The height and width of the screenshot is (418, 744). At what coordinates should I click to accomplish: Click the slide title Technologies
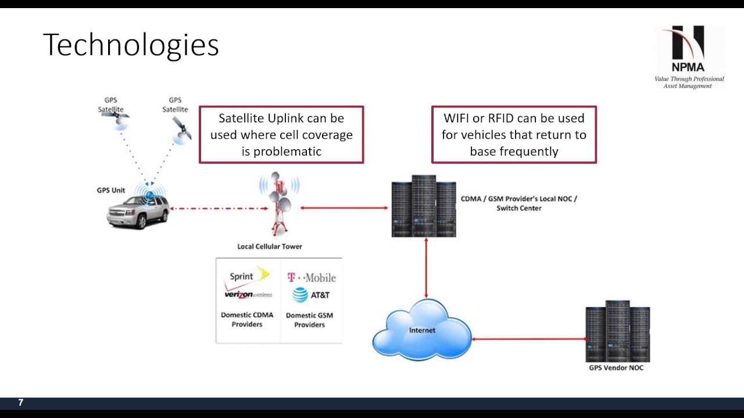click(x=131, y=45)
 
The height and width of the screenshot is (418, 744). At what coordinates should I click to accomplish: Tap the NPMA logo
click(x=689, y=57)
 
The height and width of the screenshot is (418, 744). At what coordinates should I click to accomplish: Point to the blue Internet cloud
click(x=422, y=330)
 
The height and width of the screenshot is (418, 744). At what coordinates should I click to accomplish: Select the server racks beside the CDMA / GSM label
click(x=423, y=206)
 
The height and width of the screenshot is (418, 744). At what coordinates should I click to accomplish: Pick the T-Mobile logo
click(x=312, y=278)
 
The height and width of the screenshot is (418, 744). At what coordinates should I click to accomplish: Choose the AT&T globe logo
click(x=301, y=295)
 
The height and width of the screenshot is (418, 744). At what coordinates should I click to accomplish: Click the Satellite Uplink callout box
click(x=281, y=135)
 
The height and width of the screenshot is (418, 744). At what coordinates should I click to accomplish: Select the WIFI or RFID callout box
click(x=514, y=135)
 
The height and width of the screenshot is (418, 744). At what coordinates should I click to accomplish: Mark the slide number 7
click(x=21, y=402)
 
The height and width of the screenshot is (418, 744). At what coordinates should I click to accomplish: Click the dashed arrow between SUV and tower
click(x=218, y=208)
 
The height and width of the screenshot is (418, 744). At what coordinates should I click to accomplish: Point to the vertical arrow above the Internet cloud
click(x=426, y=268)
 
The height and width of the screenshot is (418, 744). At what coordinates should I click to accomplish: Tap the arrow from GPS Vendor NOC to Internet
click(x=529, y=338)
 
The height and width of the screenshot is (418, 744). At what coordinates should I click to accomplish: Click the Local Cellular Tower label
click(x=270, y=246)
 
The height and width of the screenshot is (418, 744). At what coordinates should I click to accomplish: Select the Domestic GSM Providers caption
click(x=309, y=320)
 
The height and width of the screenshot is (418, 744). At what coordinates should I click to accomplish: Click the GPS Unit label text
click(x=111, y=190)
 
